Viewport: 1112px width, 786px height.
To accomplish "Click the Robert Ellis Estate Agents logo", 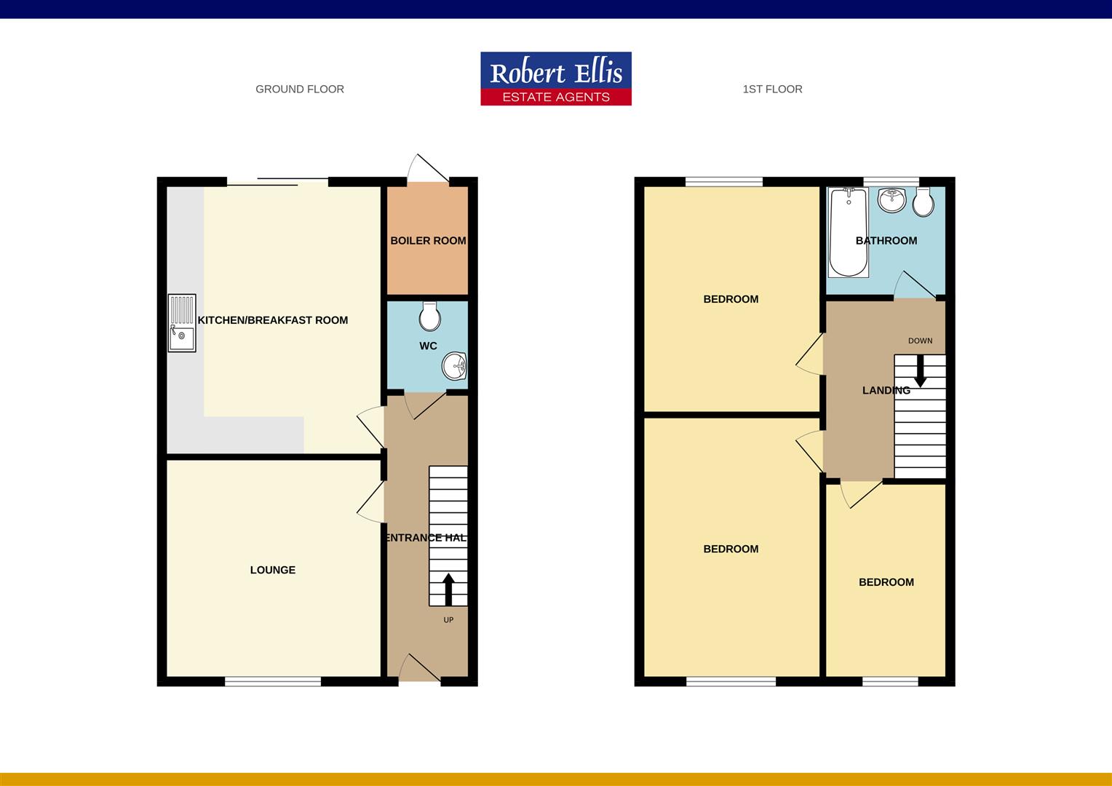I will [x=556, y=79].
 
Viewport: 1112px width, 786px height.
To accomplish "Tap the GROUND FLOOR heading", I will [x=300, y=90].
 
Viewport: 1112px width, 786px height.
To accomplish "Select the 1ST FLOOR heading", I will [x=772, y=90].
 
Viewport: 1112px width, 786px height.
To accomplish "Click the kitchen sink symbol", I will [x=182, y=323].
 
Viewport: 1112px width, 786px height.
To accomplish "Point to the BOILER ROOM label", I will [x=428, y=241].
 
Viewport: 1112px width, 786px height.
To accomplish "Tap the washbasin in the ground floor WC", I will [x=456, y=365].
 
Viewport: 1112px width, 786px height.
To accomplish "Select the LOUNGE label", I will [x=273, y=570].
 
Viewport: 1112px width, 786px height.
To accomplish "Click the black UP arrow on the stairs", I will [x=448, y=589].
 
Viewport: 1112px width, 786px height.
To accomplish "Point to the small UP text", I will [x=448, y=620].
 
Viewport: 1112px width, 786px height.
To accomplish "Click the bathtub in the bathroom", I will [x=848, y=232].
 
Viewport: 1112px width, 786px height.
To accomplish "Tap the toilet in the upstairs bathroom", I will [x=924, y=202].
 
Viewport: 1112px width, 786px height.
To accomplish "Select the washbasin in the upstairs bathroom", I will [x=891, y=199].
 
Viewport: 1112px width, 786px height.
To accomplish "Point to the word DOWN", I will [x=920, y=341].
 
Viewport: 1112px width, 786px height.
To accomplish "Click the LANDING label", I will [x=886, y=391].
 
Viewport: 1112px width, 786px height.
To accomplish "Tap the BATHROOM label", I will [x=886, y=241].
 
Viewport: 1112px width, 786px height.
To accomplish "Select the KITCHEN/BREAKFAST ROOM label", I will [x=273, y=320].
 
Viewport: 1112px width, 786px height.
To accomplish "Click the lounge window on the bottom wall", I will [x=273, y=681].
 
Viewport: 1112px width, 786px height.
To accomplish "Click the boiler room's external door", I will [x=428, y=170].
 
